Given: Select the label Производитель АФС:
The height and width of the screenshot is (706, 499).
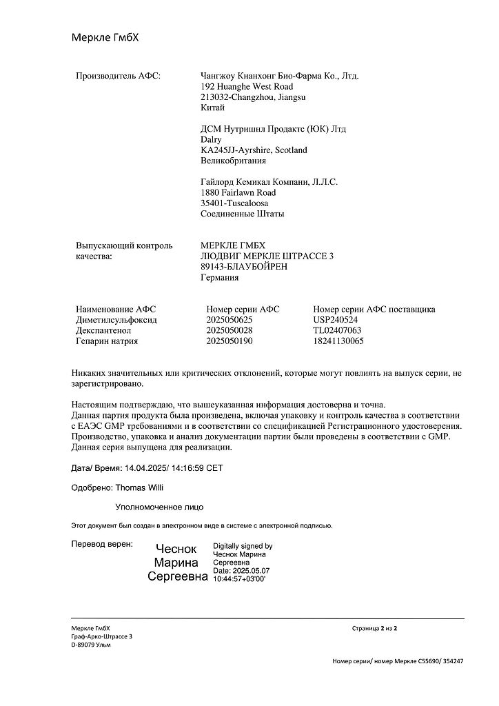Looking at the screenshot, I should (x=118, y=75).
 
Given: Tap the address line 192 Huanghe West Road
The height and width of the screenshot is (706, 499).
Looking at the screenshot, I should (x=245, y=87).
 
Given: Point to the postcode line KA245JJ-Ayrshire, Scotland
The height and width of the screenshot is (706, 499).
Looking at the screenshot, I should (x=253, y=150).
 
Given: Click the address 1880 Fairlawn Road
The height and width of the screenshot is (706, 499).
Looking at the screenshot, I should (x=237, y=192).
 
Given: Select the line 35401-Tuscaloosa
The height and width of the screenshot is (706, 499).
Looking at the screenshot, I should (x=234, y=203).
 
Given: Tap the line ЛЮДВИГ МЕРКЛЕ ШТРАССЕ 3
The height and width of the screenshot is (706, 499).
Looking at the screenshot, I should (x=266, y=256).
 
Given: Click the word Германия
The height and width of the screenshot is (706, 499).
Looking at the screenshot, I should (x=219, y=278).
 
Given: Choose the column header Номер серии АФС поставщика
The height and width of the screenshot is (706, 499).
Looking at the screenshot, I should (x=374, y=310).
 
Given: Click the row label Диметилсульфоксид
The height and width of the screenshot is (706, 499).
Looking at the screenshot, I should (x=116, y=320).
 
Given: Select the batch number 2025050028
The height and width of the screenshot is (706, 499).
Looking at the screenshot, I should (x=230, y=330).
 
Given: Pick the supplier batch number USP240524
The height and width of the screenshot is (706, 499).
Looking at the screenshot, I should (x=336, y=320).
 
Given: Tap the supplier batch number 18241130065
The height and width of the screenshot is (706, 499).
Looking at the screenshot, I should (x=338, y=341).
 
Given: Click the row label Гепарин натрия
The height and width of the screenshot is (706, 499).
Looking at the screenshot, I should (x=107, y=341).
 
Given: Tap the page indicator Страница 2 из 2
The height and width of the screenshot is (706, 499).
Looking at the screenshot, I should (x=374, y=628).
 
